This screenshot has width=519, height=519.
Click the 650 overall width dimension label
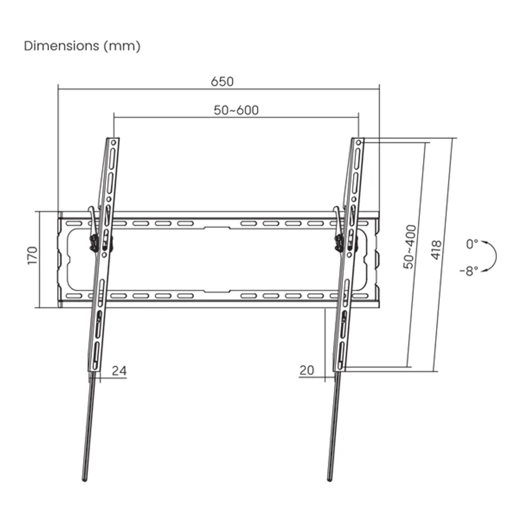(x=222, y=81)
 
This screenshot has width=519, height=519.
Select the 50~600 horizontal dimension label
(x=236, y=110)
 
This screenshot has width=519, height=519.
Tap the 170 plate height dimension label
(x=32, y=256)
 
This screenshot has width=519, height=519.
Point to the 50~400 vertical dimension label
(x=410, y=247)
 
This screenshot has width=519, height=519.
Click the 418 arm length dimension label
(x=436, y=250)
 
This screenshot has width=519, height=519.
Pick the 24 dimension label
(x=119, y=371)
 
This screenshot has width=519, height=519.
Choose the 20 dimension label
(x=307, y=370)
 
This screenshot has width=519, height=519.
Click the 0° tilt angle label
(x=472, y=244)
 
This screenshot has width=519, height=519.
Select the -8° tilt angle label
(x=469, y=271)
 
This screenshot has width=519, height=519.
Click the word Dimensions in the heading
(x=61, y=46)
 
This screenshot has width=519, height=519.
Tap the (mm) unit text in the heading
(x=122, y=46)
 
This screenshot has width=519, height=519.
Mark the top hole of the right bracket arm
(x=359, y=142)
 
